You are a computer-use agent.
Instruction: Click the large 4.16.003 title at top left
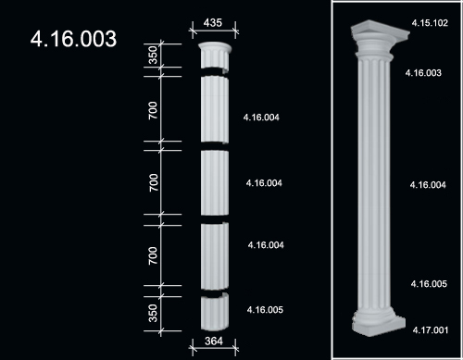click(73, 39)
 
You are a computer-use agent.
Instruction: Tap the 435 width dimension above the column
click(213, 23)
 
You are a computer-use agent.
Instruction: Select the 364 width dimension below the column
click(214, 341)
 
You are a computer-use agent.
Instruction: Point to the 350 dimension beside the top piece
click(153, 55)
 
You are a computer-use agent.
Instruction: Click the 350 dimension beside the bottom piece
click(153, 313)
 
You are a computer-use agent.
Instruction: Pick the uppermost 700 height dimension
click(153, 110)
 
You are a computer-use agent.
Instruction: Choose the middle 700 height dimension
click(154, 182)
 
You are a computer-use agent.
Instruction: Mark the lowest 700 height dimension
click(153, 255)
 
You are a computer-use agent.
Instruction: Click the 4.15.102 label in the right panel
click(430, 23)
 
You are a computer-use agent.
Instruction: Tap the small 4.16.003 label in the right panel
click(423, 73)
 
